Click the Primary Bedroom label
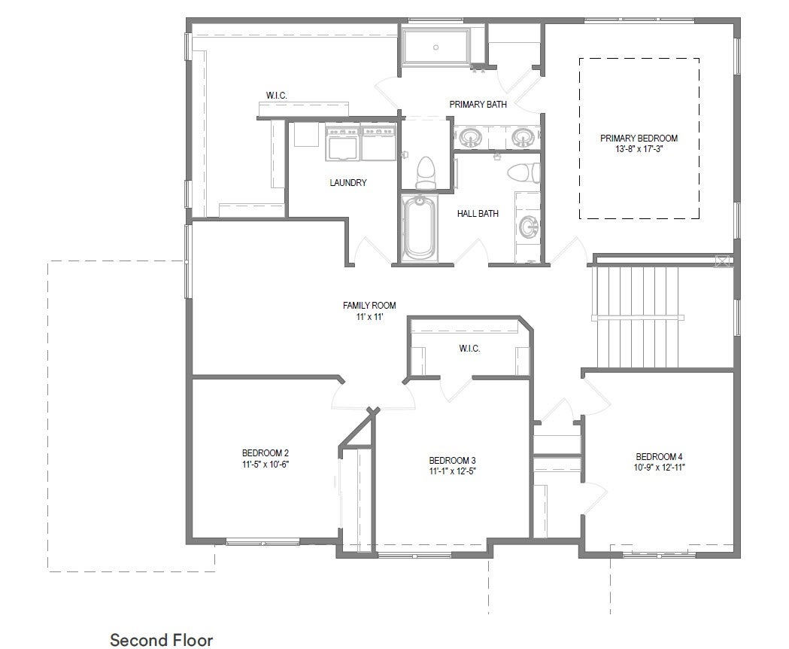click(x=639, y=138)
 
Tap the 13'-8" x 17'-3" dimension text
click(x=639, y=149)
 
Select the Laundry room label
click(x=348, y=182)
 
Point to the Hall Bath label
click(x=478, y=214)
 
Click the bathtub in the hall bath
click(x=420, y=228)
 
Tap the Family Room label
click(x=369, y=306)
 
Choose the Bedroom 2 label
click(x=266, y=453)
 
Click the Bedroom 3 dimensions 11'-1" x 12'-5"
click(x=452, y=471)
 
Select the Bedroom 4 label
click(x=659, y=457)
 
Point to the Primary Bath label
click(x=478, y=105)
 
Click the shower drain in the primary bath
click(x=436, y=47)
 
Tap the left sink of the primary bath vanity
click(x=471, y=137)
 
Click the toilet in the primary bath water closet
click(x=426, y=172)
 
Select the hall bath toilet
click(x=523, y=173)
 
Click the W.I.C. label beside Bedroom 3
click(x=469, y=349)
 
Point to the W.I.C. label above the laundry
click(x=277, y=95)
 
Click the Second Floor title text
click(x=162, y=640)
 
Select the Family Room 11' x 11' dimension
click(x=370, y=317)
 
